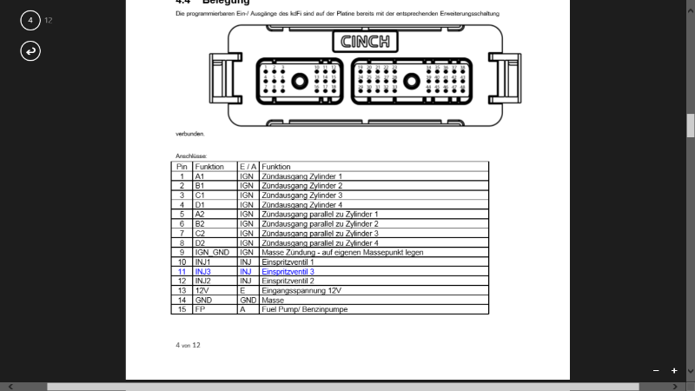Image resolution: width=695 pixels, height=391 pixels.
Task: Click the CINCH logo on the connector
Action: coord(365,42)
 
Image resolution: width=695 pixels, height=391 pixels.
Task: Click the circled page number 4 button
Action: coord(30,19)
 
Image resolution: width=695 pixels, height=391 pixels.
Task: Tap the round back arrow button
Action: coord(30,51)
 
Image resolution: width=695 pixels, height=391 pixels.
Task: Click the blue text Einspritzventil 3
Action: coord(288,272)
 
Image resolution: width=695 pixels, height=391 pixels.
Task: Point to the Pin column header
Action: coord(182,166)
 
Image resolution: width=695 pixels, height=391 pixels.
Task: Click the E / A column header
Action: coord(248,166)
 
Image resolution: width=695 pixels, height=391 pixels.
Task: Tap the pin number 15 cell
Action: coord(182,308)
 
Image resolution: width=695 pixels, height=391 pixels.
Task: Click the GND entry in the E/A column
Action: coord(248,300)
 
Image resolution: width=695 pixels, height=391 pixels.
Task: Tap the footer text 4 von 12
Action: coord(188,345)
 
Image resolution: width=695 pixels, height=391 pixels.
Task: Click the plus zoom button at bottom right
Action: coord(674,371)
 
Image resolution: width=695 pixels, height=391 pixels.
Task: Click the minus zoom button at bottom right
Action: coord(656,371)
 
